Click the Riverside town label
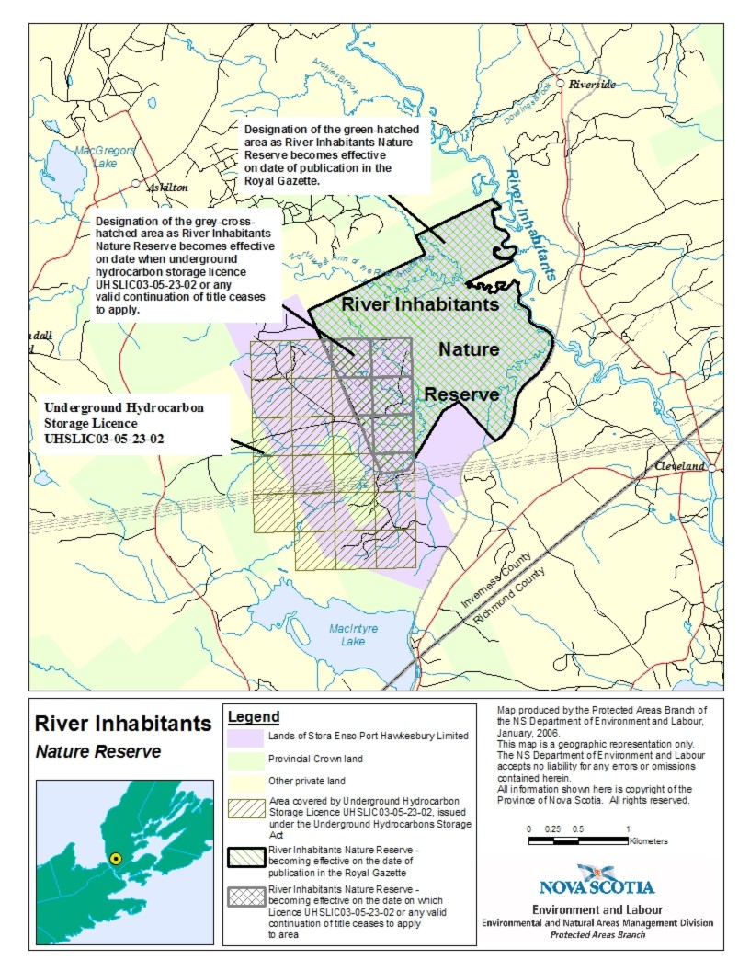pyautogui.click(x=593, y=85)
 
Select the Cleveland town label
pyautogui.click(x=680, y=466)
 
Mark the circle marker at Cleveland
pyautogui.click(x=712, y=467)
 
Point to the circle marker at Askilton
pyautogui.click(x=136, y=184)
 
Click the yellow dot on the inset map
pyautogui.click(x=116, y=858)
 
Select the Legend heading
pyautogui.click(x=254, y=716)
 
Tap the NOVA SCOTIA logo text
pyautogui.click(x=597, y=887)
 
